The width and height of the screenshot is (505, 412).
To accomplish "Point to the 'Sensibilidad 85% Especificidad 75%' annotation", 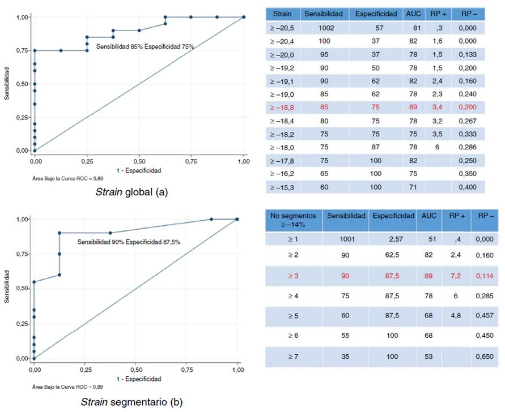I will coord(145,47).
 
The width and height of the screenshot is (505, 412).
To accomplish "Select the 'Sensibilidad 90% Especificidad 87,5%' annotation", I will coord(129,242).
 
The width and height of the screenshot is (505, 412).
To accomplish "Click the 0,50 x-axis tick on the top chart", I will coord(139,161).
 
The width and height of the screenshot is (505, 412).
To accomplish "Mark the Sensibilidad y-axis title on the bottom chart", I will coord(7,287).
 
